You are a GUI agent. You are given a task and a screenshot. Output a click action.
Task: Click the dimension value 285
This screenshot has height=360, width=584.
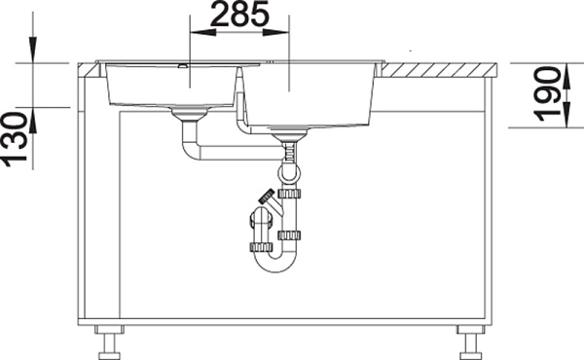tap(238, 14)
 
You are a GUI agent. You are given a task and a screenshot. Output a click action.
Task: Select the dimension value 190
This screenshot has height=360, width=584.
tap(547, 94)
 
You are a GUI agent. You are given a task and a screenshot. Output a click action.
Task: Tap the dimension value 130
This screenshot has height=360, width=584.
tap(15, 139)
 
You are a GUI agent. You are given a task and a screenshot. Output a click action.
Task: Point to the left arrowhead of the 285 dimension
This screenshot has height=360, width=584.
tap(203, 33)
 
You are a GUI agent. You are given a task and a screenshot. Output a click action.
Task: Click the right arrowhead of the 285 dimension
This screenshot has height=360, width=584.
tap(276, 33)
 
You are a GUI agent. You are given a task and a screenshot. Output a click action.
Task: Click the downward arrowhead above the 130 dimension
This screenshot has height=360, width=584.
tap(33, 50)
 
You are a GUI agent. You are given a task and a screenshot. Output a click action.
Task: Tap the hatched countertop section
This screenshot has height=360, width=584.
tap(439, 70)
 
